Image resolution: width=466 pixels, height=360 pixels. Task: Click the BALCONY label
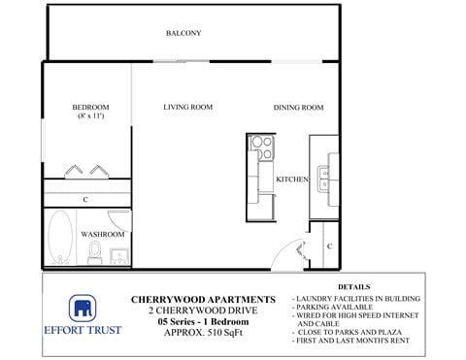click(183, 34)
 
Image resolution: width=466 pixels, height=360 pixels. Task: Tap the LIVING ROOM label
click(187, 107)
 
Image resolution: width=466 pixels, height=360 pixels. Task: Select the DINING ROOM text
click(298, 107)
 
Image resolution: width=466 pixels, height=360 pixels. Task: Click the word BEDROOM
click(90, 107)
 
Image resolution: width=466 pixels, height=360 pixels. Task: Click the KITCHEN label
click(292, 180)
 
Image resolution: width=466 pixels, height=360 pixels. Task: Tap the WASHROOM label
click(102, 234)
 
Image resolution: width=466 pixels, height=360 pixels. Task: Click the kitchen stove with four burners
click(262, 147)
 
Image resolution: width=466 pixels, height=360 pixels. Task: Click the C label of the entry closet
click(329, 246)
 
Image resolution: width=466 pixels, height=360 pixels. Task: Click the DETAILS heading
click(354, 287)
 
